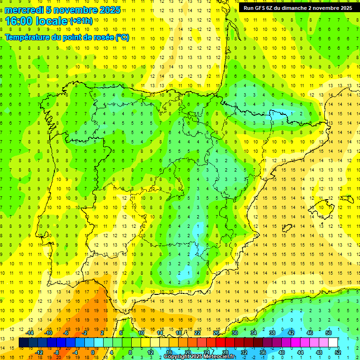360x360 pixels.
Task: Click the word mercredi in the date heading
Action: [x=25, y=10]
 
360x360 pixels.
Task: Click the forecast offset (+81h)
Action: [x=81, y=21]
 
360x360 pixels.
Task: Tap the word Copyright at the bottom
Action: [x=177, y=357]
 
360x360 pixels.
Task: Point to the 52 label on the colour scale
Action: [x=337, y=352]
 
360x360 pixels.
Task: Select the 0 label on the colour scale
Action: [x=93, y=352]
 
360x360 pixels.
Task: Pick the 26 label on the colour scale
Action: [x=216, y=333]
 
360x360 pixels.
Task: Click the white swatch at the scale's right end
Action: [x=333, y=343]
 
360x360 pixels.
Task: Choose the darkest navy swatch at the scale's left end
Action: [x=23, y=343]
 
